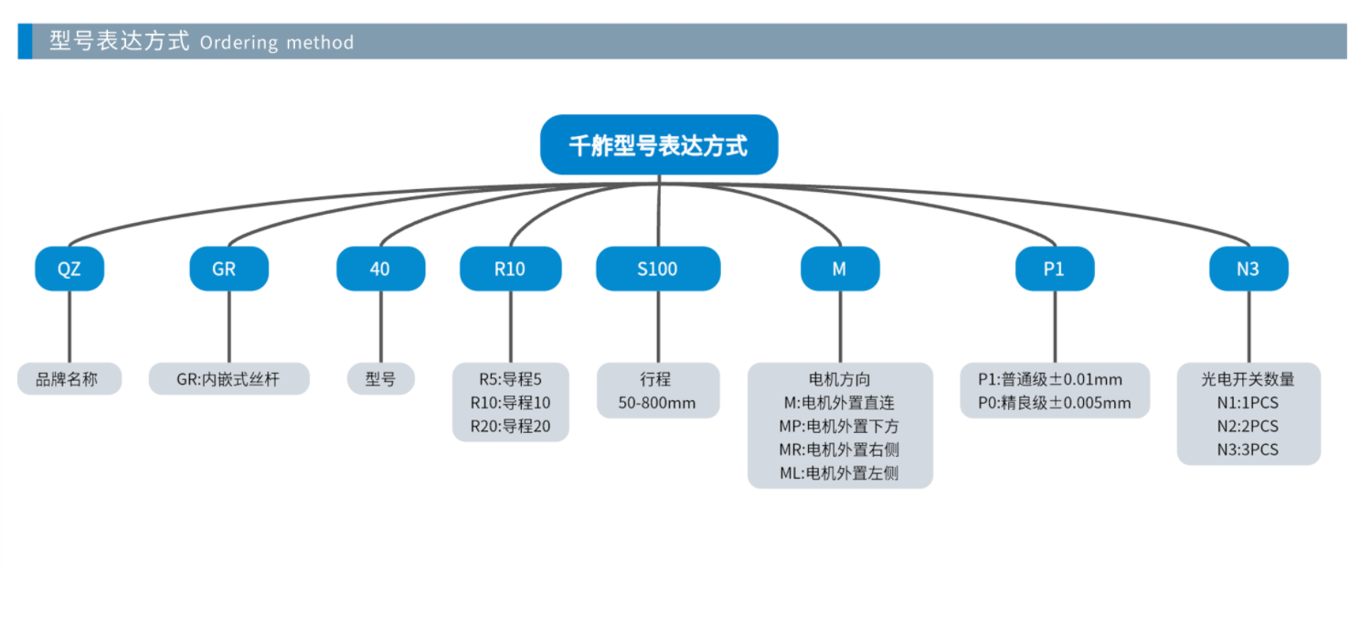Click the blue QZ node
[x=69, y=270]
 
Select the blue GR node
[x=228, y=270]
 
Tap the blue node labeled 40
[x=380, y=270]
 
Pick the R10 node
[x=510, y=270]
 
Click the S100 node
[x=658, y=270]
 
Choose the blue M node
[x=840, y=270]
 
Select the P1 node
[x=1055, y=270]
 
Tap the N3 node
[x=1249, y=270]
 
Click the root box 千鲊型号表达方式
[x=658, y=145]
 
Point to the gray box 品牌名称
[x=69, y=379]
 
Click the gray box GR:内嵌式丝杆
[x=228, y=379]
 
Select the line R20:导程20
[x=510, y=426]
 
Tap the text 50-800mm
[x=658, y=403]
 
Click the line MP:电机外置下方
[x=840, y=426]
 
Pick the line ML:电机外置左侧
[x=840, y=473]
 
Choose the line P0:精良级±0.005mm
[x=1055, y=403]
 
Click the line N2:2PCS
[x=1249, y=426]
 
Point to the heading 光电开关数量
[x=1249, y=379]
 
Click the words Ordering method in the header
[x=276, y=43]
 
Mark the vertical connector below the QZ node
[x=69, y=326]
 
